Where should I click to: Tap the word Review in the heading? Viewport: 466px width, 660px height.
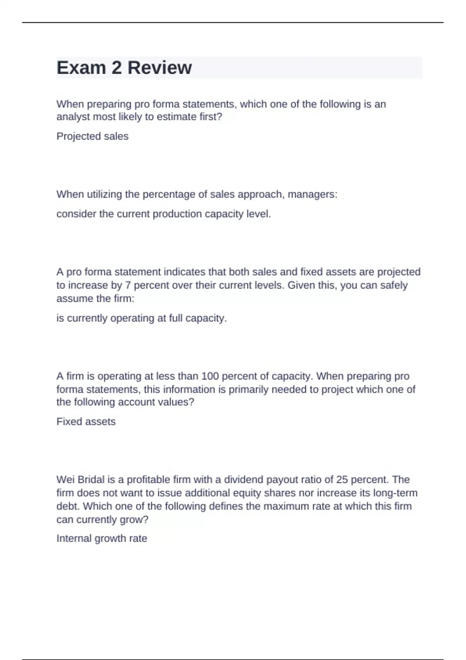pos(159,68)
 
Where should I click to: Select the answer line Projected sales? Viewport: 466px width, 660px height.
pos(92,136)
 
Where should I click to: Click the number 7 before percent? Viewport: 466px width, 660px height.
pos(127,285)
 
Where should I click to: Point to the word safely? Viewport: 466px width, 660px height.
pos(394,285)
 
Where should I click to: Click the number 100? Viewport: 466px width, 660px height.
pos(210,376)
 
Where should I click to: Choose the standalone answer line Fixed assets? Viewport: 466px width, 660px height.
pos(86,422)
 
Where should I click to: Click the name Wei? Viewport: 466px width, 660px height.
pos(66,480)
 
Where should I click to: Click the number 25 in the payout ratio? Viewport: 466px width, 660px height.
pos(342,480)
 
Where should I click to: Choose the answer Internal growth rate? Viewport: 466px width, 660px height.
pos(102,538)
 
